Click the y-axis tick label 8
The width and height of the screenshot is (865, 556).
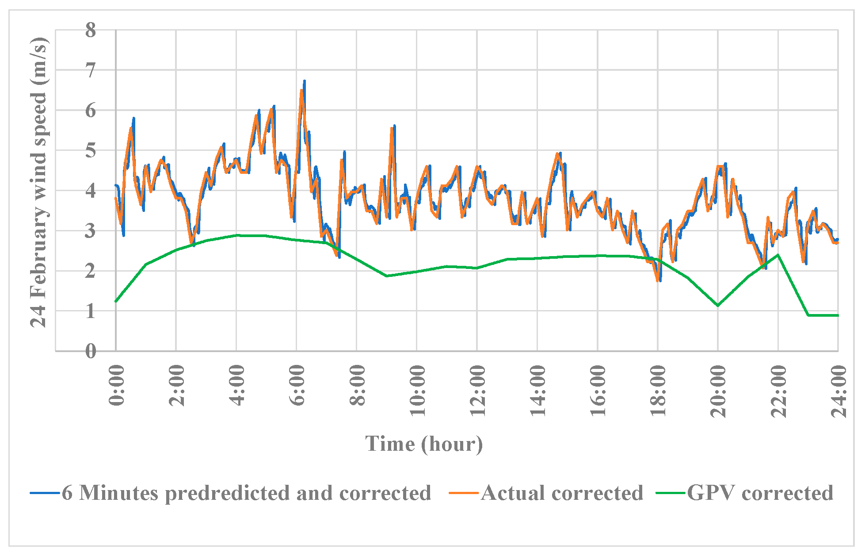pos(91,31)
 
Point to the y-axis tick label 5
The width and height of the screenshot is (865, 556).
pos(91,151)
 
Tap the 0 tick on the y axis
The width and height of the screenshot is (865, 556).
pos(91,352)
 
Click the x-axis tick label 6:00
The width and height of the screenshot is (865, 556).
pos(297,385)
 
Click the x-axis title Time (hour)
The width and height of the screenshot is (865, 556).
pos(424,444)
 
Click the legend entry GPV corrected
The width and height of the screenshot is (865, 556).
pos(760,493)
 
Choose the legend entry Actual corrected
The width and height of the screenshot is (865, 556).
pos(562,493)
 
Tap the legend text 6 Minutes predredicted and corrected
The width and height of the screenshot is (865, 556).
pos(246,493)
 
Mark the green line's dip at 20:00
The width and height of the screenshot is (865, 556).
pos(718,305)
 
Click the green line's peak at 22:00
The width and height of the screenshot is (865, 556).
pos(778,255)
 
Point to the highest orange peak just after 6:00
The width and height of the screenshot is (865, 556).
pos(301,90)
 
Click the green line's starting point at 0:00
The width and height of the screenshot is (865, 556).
pos(116,301)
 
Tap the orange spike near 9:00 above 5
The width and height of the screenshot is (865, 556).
pos(392,128)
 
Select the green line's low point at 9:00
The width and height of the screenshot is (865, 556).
pos(387,276)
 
